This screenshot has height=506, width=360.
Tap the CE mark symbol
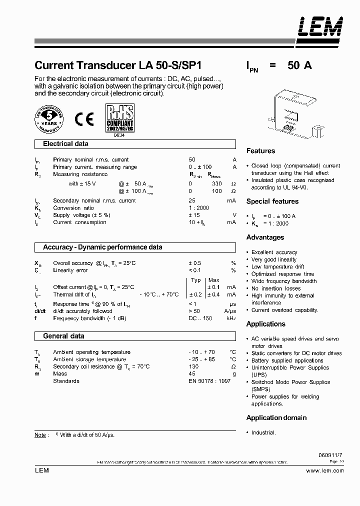pyautogui.click(x=84, y=119)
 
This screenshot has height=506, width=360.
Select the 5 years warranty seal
pyautogui.click(x=49, y=118)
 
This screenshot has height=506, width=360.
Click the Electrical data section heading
pyautogui.click(x=65, y=144)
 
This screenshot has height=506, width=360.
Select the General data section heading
pyautogui.click(x=63, y=336)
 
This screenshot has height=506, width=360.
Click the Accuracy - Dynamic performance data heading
pyautogui.click(x=102, y=247)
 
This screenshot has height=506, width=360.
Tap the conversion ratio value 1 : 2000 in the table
pyautogui.click(x=198, y=208)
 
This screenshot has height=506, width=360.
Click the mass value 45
pyautogui.click(x=192, y=373)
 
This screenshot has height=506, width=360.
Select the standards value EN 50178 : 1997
pyautogui.click(x=209, y=381)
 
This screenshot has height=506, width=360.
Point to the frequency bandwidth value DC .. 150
pyautogui.click(x=200, y=318)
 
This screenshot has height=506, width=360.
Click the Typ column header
pyautogui.click(x=195, y=280)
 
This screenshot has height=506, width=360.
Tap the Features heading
pyautogui.click(x=260, y=151)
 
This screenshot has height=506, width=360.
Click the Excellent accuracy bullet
pyautogui.click(x=274, y=252)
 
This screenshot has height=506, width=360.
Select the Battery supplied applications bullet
pyautogui.click(x=287, y=360)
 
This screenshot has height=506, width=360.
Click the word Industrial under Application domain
pyautogui.click(x=263, y=432)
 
